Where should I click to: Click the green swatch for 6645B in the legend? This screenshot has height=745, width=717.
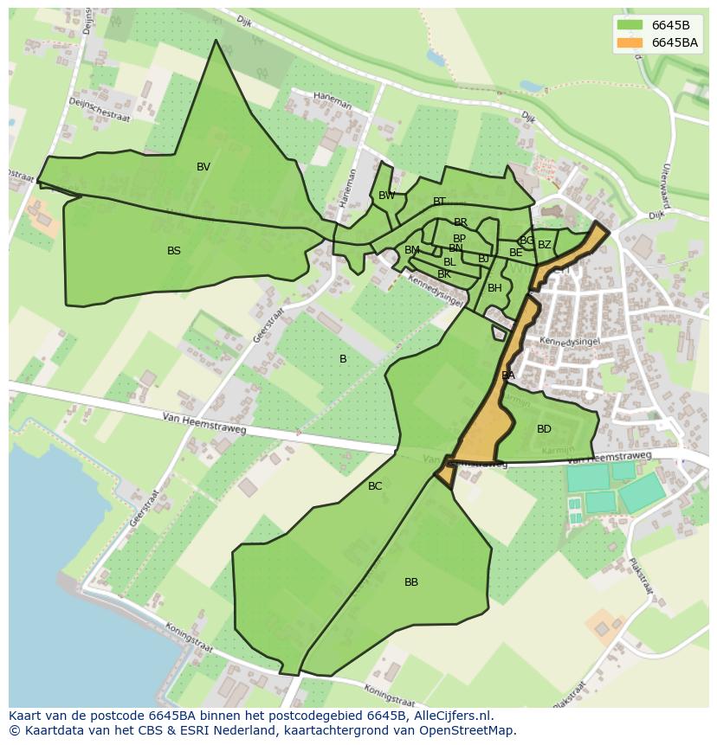[630, 25]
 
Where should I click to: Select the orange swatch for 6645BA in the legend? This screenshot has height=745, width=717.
[630, 42]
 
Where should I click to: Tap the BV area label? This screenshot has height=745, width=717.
[203, 167]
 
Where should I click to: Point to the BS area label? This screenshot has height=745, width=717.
[174, 251]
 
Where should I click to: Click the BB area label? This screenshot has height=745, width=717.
[411, 582]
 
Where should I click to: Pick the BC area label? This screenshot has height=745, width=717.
[375, 486]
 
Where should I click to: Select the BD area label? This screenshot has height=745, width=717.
[544, 429]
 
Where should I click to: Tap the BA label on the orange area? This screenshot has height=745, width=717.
[508, 376]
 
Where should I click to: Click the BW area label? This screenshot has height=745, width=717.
[387, 196]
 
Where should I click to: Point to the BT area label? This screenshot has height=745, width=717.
[439, 202]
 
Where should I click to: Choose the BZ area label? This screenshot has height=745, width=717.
[545, 245]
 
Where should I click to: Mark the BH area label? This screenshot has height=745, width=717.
[494, 288]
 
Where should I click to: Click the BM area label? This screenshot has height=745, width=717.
[412, 250]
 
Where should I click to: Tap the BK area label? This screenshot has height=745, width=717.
[444, 274]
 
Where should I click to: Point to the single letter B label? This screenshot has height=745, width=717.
[343, 359]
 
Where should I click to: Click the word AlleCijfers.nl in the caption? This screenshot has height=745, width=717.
[450, 716]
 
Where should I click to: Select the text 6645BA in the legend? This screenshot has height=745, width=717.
[675, 42]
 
